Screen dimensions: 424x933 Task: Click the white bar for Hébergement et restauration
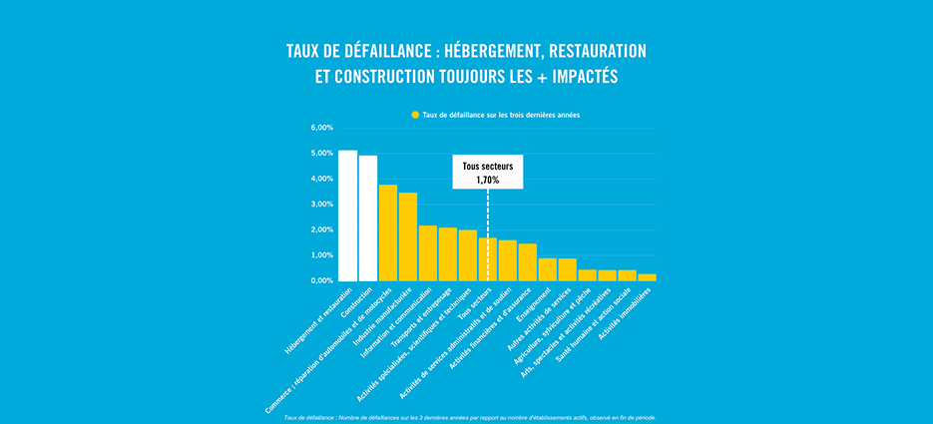tap(347, 215)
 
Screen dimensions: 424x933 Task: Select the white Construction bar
tap(368, 218)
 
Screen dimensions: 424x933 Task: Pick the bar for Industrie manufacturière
tap(408, 236)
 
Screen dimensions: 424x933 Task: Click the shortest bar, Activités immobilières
tap(648, 277)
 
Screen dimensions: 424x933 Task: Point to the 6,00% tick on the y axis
tap(321, 129)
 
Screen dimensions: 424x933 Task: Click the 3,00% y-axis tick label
tap(321, 205)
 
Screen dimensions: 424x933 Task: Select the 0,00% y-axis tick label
tap(321, 281)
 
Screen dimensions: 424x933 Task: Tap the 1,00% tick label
tap(321, 255)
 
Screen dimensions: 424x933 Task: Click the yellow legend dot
tap(415, 116)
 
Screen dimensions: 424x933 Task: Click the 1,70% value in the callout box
tap(487, 180)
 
